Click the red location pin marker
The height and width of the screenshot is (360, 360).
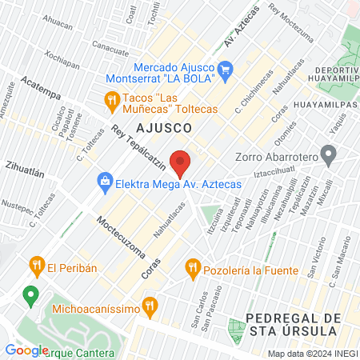pyautogui.click(x=181, y=162)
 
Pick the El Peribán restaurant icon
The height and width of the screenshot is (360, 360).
pyautogui.click(x=35, y=266)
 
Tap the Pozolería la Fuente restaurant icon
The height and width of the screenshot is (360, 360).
pyautogui.click(x=192, y=266)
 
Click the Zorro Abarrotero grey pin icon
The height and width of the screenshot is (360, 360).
pyautogui.click(x=326, y=153)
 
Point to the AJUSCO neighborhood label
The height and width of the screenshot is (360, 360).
pyautogui.click(x=162, y=128)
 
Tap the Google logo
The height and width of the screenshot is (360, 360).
pyautogui.click(x=26, y=350)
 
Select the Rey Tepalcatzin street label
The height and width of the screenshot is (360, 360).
pyautogui.click(x=138, y=147)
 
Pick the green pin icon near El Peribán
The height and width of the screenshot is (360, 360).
pyautogui.click(x=30, y=295)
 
